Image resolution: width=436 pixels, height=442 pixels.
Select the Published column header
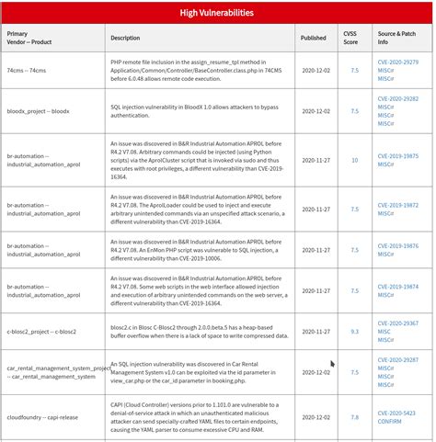click(313, 39)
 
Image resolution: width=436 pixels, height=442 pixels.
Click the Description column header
click(125, 39)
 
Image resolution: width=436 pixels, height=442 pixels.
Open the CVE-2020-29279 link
click(397, 62)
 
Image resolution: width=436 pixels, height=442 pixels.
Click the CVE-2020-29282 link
click(397, 98)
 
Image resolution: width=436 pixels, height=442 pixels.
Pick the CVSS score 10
click(354, 160)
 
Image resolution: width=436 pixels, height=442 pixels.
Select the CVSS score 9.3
click(354, 331)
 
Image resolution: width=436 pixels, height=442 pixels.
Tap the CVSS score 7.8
click(354, 417)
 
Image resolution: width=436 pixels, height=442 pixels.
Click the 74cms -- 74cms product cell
click(28, 70)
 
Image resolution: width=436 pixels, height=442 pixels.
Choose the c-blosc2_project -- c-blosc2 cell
click(40, 331)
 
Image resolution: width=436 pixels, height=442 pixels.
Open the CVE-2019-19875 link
click(397, 155)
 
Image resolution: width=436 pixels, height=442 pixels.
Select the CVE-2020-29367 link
click(397, 323)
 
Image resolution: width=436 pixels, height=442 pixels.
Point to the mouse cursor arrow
click(333, 365)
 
